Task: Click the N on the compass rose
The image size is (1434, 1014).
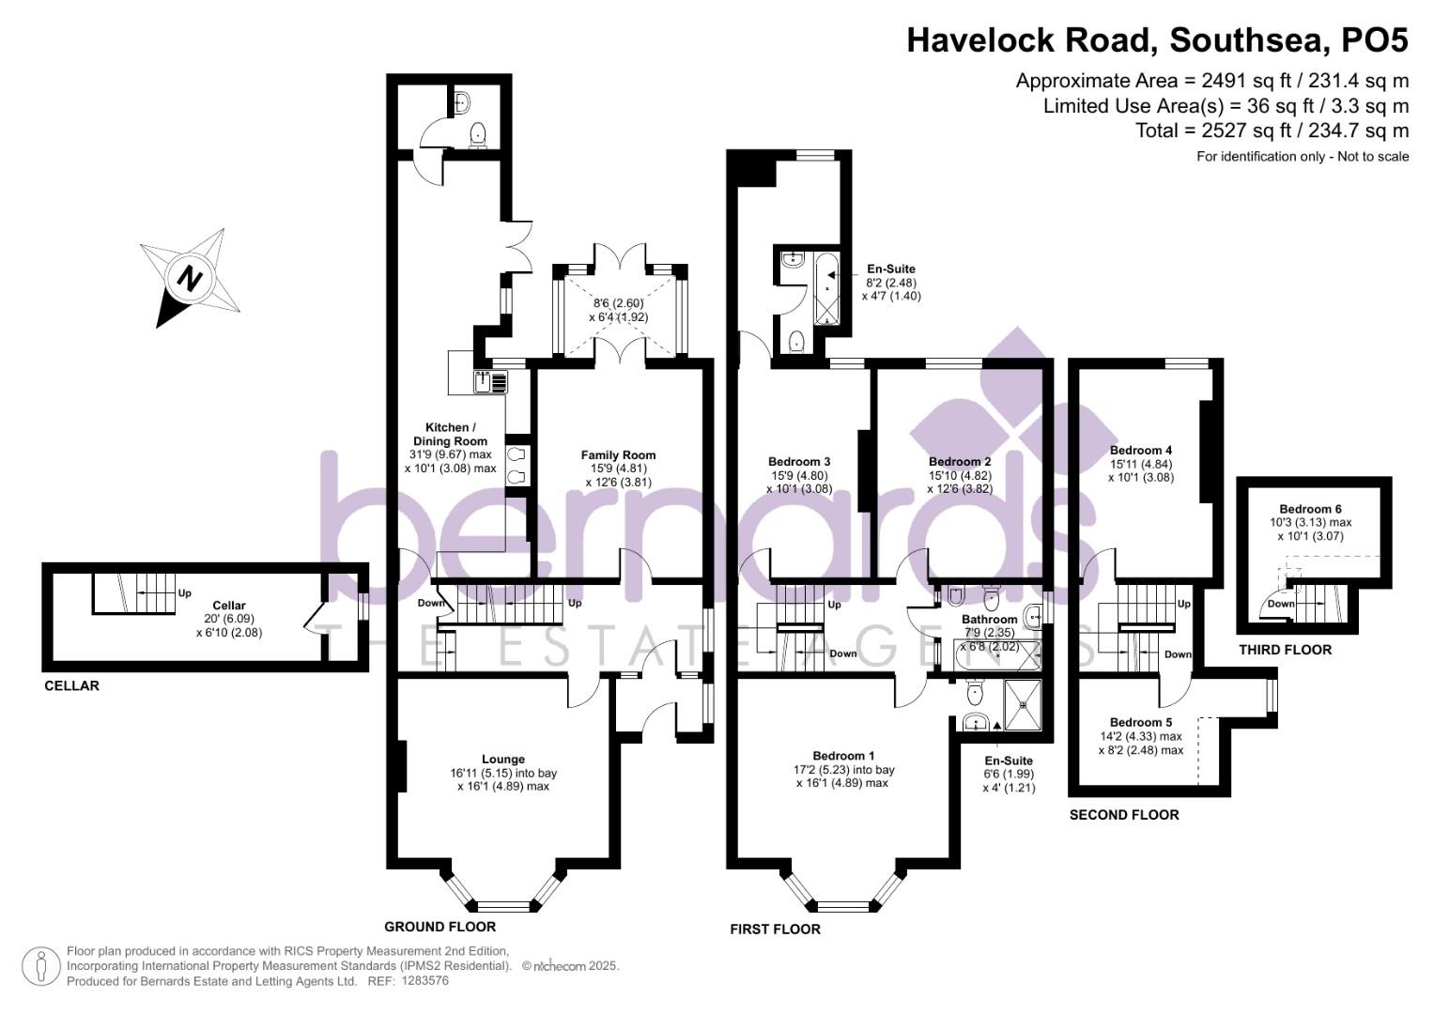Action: [191, 279]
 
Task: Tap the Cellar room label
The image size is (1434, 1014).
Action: [229, 606]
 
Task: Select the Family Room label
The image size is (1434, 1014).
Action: [618, 455]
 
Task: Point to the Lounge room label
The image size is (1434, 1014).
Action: [503, 760]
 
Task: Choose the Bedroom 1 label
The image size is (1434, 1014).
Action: [843, 756]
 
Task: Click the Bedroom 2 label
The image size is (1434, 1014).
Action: [960, 462]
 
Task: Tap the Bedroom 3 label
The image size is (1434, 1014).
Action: [799, 462]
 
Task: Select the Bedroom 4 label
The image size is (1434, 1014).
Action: [1141, 451]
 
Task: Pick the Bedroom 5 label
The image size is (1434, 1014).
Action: [1141, 722]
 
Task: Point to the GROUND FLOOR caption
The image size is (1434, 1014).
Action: [440, 927]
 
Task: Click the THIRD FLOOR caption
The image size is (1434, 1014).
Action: [1285, 650]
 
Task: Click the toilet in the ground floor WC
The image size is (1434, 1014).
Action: [478, 135]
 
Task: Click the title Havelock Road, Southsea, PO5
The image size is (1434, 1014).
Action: [1157, 40]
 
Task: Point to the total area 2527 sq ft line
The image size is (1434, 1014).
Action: [1272, 131]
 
